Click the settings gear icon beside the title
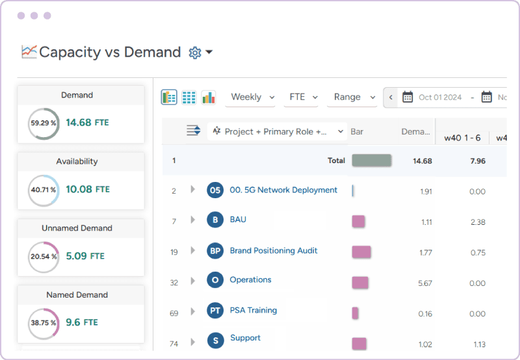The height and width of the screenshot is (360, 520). (195, 53)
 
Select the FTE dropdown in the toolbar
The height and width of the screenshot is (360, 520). (303, 97)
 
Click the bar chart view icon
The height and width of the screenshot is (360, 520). (208, 97)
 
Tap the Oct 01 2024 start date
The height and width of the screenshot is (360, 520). (439, 97)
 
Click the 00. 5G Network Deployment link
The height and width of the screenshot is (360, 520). (283, 190)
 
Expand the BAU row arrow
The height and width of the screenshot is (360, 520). (192, 220)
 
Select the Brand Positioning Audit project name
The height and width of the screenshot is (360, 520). (274, 251)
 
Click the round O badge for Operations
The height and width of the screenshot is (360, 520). (214, 281)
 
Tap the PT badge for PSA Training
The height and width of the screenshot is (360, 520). (214, 311)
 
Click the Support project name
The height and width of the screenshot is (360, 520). (245, 338)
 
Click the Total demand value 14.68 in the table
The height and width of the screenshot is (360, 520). (422, 161)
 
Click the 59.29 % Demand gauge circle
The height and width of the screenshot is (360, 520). (44, 123)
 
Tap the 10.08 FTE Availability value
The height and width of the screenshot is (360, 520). (88, 189)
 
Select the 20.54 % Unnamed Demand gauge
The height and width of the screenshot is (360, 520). (44, 257)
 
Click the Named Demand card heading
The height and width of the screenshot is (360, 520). (77, 295)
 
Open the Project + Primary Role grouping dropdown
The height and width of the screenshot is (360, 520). (278, 131)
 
